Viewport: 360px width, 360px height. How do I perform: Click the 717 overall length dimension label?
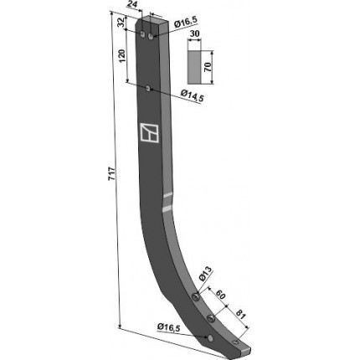pyautogui.click(x=111, y=174)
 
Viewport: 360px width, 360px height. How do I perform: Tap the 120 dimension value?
pyautogui.click(x=123, y=56)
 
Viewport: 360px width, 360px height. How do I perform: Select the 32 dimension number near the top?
pyautogui.click(x=121, y=23)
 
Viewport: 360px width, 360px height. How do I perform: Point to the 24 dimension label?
pyautogui.click(x=132, y=4)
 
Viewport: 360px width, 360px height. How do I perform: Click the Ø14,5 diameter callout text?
pyautogui.click(x=193, y=95)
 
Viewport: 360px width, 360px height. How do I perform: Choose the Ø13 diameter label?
pyautogui.click(x=205, y=274)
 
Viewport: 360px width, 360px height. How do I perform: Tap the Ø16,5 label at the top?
pyautogui.click(x=186, y=22)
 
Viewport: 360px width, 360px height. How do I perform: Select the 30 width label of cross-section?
pyautogui.click(x=194, y=33)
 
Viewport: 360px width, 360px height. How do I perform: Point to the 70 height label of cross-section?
pyautogui.click(x=208, y=68)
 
